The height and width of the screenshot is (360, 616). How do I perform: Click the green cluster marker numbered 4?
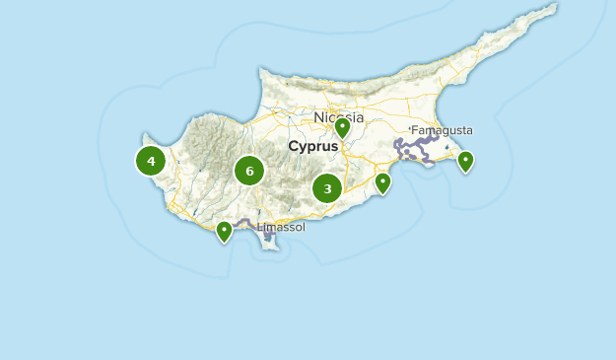151,161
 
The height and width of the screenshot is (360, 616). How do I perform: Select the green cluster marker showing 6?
249,171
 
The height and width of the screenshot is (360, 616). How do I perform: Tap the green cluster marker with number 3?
327,187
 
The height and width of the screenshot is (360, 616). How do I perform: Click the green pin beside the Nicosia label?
342,128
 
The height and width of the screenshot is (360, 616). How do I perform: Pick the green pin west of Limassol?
224,232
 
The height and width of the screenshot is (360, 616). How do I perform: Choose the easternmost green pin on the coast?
465,161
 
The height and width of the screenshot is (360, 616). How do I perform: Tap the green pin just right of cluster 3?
382,183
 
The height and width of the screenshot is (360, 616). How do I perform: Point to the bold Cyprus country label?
312,146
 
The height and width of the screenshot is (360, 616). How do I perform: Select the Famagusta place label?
442,130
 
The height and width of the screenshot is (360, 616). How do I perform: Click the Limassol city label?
282,227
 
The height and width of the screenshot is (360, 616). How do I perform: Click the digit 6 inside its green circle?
249,171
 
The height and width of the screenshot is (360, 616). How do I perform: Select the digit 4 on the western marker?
151,161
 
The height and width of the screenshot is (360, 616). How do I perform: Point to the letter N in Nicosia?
319,117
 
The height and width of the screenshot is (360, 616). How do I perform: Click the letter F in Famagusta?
415,130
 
